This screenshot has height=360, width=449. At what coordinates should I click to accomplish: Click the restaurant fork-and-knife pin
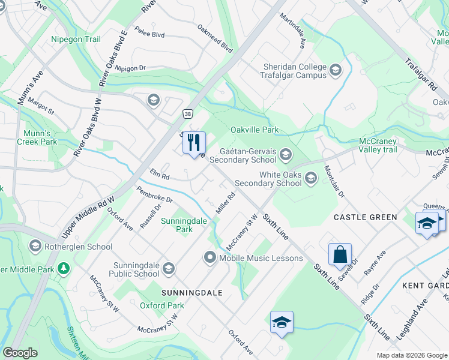(x=194, y=143)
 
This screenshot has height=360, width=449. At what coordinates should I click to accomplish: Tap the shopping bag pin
(x=340, y=254)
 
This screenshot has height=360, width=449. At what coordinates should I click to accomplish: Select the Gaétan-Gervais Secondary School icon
(x=285, y=155)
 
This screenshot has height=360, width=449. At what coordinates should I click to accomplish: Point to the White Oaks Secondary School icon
(x=311, y=178)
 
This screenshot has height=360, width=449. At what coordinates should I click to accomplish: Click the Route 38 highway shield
(x=188, y=113)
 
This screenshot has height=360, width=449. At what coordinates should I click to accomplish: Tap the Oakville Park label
(x=255, y=130)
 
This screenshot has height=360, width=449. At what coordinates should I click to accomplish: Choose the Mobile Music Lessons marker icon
(x=210, y=258)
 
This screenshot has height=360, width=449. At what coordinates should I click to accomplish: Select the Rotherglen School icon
(x=35, y=246)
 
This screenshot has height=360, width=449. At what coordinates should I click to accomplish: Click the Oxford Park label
(x=162, y=305)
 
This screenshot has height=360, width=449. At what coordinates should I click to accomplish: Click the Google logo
(x=20, y=353)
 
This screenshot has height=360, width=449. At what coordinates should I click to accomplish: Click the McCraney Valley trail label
(x=384, y=145)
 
